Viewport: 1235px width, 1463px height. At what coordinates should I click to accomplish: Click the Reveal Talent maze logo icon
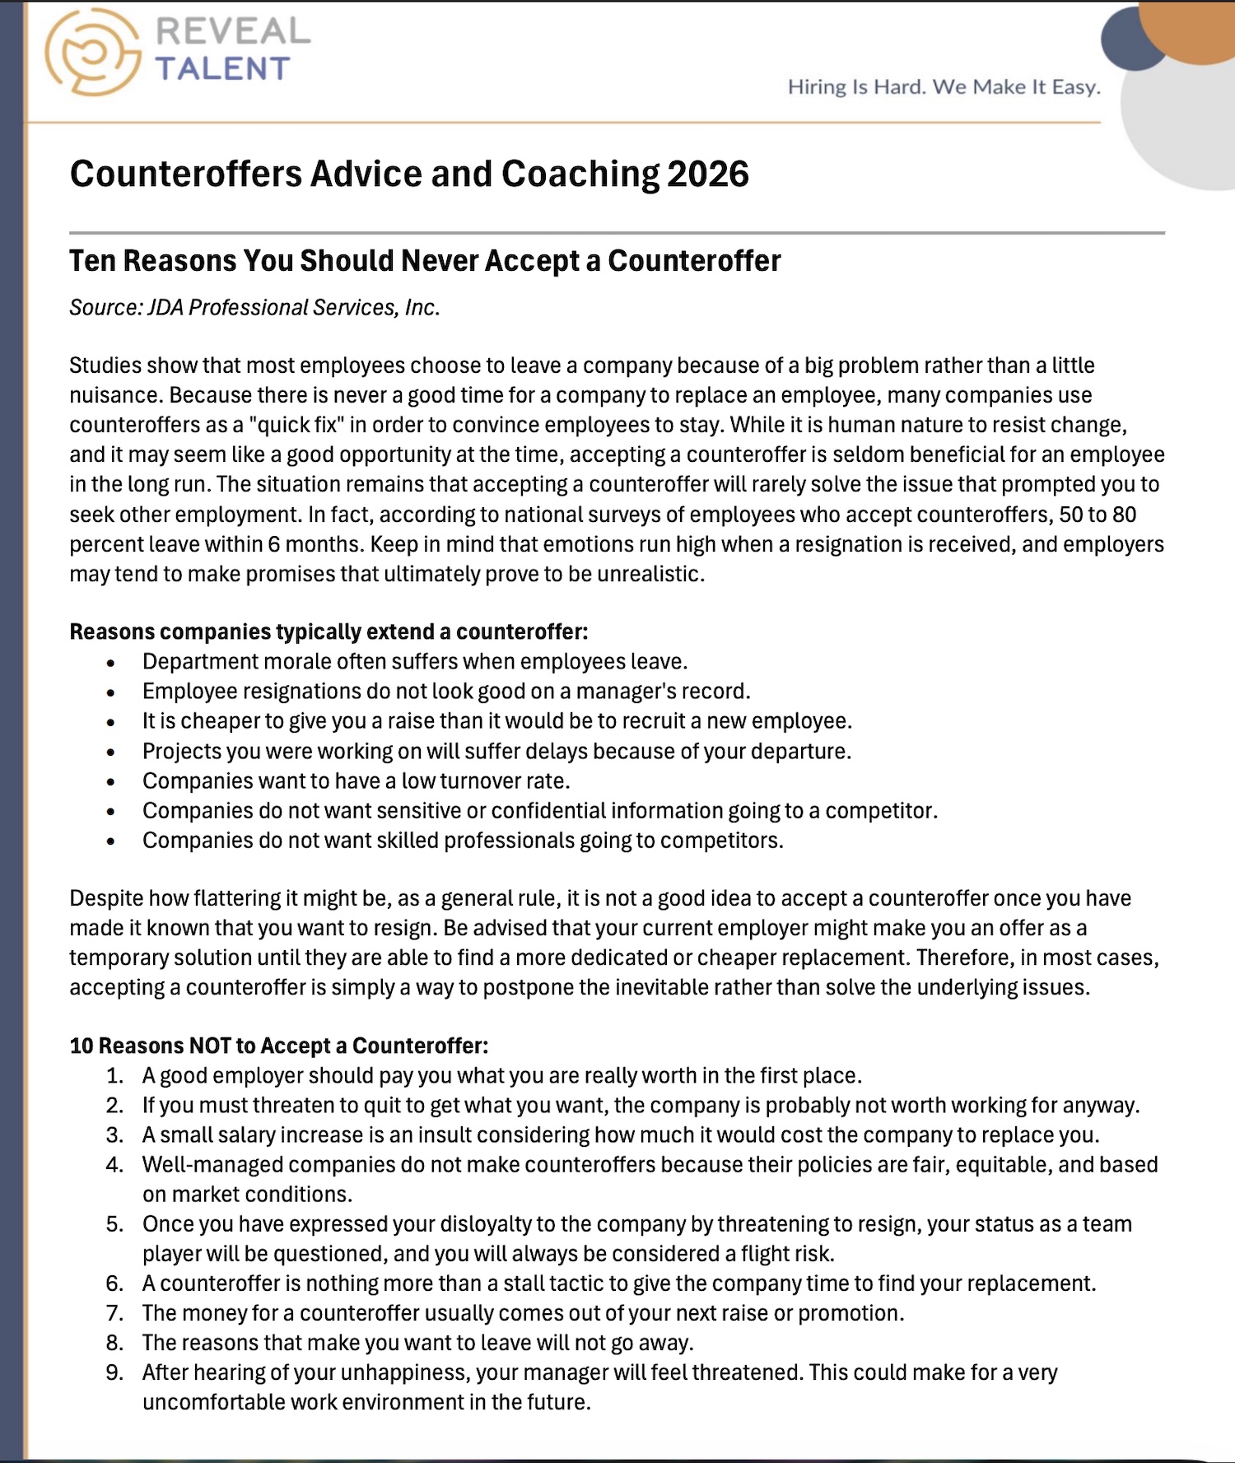click(92, 51)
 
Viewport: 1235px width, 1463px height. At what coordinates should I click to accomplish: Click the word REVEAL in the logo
click(233, 31)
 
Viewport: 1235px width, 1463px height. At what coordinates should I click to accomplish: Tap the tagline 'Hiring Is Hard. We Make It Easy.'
click(944, 87)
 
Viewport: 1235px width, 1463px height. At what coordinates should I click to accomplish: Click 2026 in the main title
click(708, 175)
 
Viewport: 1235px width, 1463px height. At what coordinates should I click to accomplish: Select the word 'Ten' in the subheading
click(93, 261)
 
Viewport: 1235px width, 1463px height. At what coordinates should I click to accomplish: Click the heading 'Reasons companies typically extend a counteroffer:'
click(329, 631)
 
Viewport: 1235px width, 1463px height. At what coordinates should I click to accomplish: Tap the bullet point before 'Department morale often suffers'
click(111, 663)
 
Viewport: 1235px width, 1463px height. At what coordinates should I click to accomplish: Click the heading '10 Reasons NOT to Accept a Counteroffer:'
click(278, 1046)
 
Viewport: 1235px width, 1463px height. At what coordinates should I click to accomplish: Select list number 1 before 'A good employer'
click(114, 1076)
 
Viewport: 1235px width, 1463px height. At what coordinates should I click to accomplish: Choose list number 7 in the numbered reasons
click(114, 1313)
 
